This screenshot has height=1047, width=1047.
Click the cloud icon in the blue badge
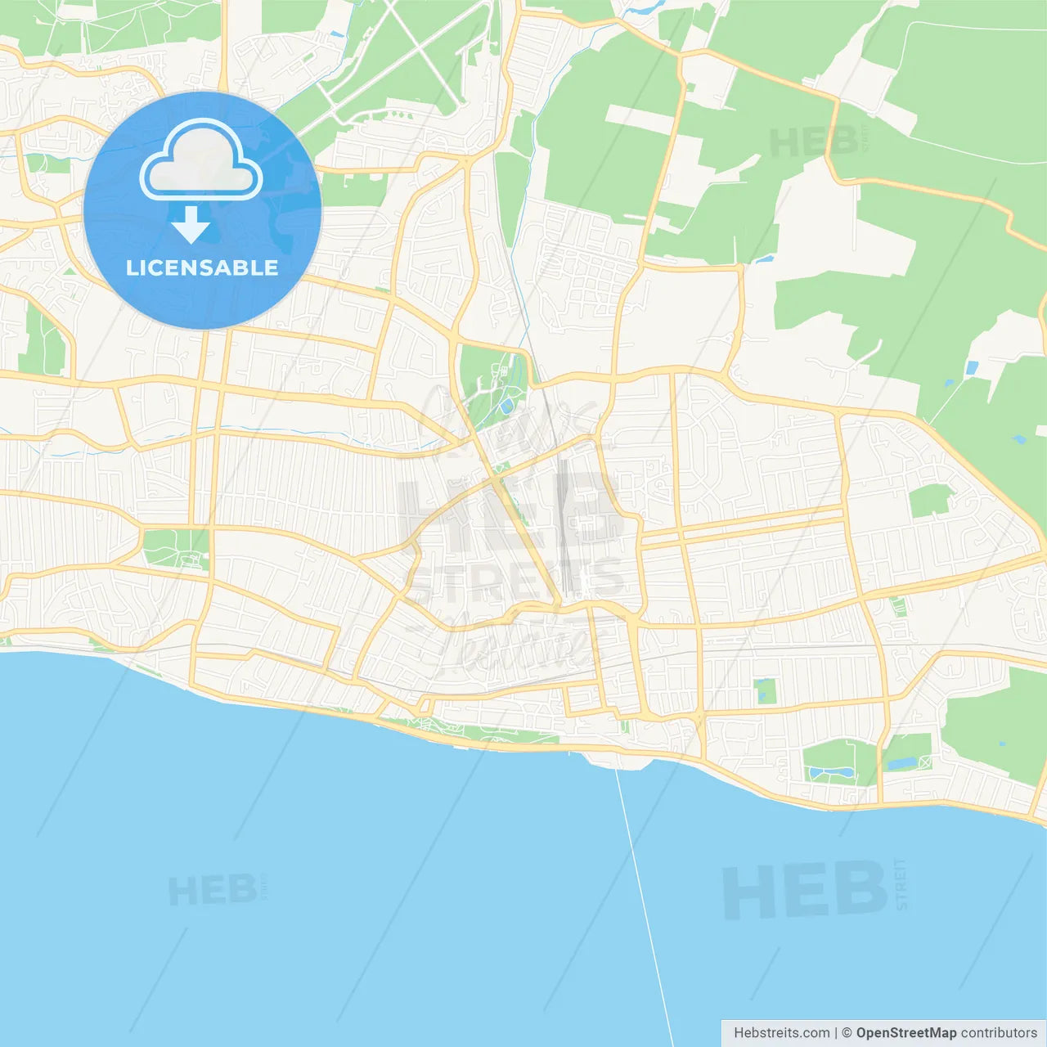(201, 160)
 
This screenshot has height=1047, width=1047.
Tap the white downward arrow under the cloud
(191, 225)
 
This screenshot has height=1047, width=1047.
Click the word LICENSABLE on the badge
(202, 267)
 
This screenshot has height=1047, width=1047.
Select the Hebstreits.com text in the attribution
(781, 1033)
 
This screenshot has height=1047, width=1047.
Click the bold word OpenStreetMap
(905, 1033)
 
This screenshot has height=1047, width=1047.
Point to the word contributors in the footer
(998, 1033)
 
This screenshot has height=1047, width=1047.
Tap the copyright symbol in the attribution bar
(847, 1033)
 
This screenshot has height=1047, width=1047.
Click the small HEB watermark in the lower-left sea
(212, 891)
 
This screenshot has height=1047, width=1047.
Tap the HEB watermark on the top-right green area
(814, 142)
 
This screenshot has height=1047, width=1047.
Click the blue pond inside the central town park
(507, 405)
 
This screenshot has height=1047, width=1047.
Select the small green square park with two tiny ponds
(766, 691)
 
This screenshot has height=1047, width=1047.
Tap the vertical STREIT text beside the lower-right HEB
(901, 883)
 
